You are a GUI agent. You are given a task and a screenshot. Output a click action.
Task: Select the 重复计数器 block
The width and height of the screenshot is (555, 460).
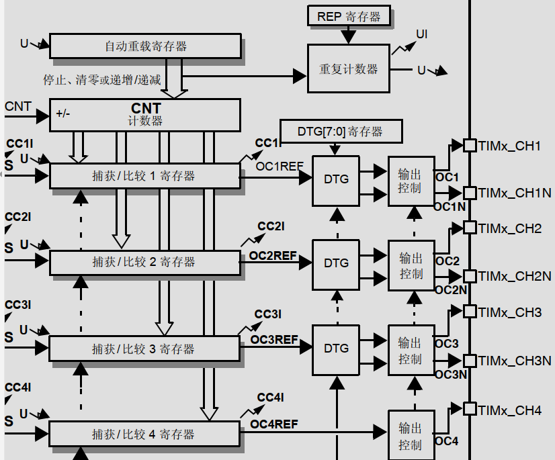tap(348, 68)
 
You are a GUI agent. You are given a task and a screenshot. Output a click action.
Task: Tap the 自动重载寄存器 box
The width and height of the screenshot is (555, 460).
tap(145, 46)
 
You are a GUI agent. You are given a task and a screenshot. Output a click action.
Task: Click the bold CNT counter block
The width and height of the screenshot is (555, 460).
tap(145, 114)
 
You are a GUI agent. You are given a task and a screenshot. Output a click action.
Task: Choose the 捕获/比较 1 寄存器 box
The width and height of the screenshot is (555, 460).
tap(145, 176)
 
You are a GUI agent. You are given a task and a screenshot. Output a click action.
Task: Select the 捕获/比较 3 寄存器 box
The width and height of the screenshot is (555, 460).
tap(145, 349)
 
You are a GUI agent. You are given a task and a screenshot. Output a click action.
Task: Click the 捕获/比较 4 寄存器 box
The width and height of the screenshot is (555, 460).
tap(145, 434)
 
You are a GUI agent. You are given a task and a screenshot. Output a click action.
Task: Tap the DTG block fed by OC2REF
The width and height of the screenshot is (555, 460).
tap(336, 263)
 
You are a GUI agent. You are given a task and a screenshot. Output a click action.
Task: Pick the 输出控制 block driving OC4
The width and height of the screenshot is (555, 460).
tap(411, 435)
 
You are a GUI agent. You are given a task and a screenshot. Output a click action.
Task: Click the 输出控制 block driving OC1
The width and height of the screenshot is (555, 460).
tap(411, 180)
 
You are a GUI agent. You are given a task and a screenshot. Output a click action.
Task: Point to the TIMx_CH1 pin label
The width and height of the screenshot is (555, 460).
tap(510, 145)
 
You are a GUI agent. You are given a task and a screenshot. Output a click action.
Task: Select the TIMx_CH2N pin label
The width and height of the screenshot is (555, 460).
tap(515, 276)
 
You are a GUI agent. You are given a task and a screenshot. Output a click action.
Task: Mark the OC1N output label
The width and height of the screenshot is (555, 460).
tap(450, 207)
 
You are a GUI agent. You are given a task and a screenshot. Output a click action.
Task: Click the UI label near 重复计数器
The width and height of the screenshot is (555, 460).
tap(422, 34)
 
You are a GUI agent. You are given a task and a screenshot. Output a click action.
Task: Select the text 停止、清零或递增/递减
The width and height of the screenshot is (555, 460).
tap(102, 80)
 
